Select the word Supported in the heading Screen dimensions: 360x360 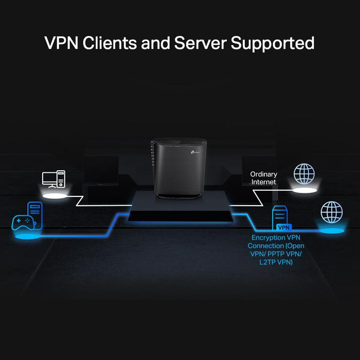point(273,44)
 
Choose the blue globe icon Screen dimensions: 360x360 point(331,212)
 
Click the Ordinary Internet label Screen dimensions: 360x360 point(263,178)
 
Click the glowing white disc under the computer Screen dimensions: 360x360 point(56,196)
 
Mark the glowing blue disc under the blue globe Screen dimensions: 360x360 point(331,231)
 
